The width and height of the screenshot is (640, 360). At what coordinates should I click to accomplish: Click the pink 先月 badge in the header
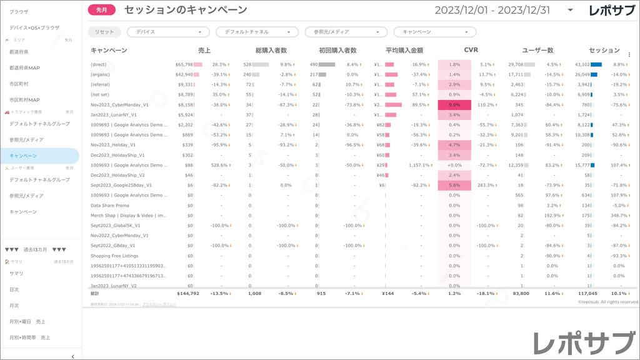102,10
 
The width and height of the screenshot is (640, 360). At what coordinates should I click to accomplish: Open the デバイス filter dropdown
168,32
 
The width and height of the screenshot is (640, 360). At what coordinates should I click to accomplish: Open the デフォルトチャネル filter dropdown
257,32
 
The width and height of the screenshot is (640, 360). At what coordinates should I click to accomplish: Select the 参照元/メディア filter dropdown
346,32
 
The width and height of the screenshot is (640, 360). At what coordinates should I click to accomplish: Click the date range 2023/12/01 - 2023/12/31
492,10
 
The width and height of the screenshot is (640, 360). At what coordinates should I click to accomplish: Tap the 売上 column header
204,50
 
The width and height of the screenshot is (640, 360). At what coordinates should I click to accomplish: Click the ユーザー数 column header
537,50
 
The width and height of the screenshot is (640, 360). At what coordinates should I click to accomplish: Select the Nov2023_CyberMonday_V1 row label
119,105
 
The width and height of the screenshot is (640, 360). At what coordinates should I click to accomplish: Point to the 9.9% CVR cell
454,105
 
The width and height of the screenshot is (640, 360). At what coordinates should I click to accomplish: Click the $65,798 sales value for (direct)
184,64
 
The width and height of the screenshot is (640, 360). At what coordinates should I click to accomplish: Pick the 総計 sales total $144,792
187,292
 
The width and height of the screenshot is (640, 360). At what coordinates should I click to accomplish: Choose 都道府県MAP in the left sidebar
25,67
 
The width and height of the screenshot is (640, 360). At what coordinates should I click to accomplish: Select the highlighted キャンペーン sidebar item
23,156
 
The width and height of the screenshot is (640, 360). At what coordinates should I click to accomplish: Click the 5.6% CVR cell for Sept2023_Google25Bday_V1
454,186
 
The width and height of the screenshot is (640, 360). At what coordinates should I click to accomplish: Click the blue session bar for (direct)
596,64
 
